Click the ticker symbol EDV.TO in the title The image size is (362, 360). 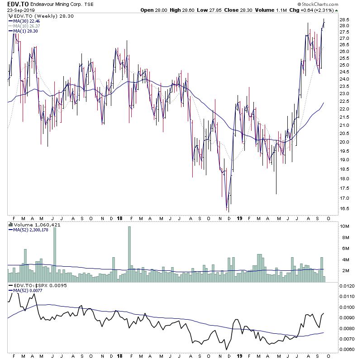coord(17,5)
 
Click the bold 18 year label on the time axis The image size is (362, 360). coord(119,218)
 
